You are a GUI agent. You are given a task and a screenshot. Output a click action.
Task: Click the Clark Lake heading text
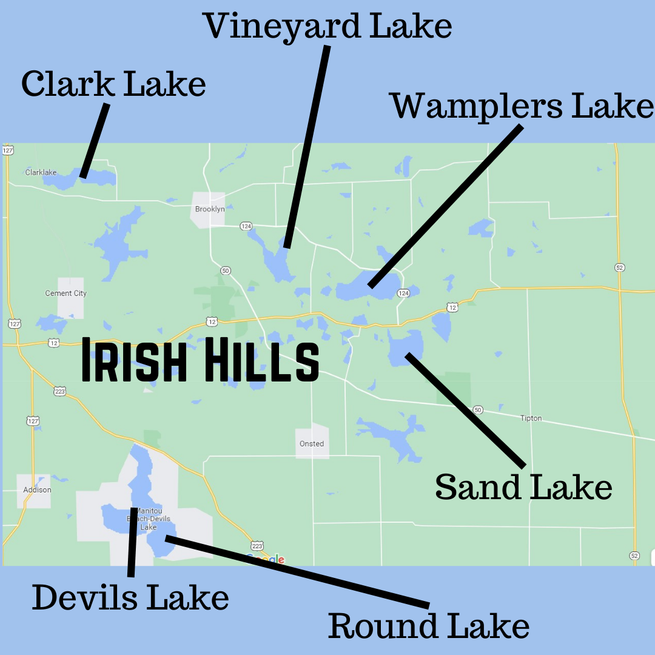(x=113, y=84)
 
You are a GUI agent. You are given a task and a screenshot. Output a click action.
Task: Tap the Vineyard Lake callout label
(x=327, y=27)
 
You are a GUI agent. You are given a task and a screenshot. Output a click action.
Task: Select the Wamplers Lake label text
(x=522, y=106)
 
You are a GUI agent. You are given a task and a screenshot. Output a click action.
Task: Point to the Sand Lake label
(x=523, y=486)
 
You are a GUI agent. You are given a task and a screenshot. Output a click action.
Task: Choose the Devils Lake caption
(x=130, y=597)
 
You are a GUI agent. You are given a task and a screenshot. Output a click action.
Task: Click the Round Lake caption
(x=429, y=626)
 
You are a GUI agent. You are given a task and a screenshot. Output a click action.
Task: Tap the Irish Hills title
(x=200, y=361)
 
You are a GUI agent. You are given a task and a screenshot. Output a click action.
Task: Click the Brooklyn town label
(x=210, y=209)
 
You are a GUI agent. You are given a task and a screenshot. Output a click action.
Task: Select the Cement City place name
(x=66, y=294)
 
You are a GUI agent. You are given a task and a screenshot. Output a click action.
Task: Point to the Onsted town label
(x=312, y=444)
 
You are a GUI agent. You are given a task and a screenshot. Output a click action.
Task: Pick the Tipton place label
(x=531, y=418)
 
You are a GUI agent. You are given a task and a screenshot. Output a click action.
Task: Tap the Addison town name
(x=37, y=490)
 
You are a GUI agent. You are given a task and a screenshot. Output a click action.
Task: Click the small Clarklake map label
(x=41, y=172)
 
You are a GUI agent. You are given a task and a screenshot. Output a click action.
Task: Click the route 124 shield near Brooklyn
(x=246, y=226)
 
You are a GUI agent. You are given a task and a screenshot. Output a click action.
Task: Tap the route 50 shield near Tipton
(x=478, y=410)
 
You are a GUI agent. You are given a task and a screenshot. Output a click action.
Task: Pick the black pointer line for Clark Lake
(x=95, y=141)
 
